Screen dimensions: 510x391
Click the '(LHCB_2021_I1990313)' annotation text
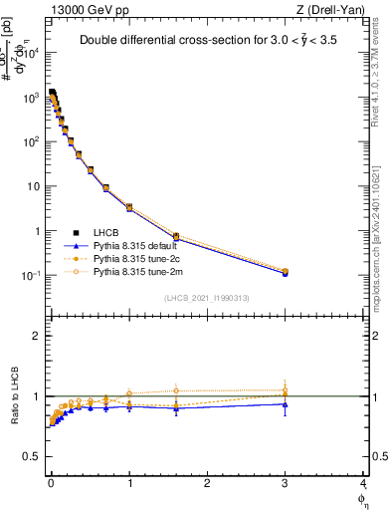pyautogui.click(x=206, y=299)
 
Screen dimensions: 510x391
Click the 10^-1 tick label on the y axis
pyautogui.click(x=34, y=276)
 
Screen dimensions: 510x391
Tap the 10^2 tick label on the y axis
pyautogui.click(x=34, y=141)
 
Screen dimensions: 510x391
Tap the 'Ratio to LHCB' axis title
pyautogui.click(x=13, y=396)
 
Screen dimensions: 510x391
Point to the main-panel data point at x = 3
pyautogui.click(x=286, y=272)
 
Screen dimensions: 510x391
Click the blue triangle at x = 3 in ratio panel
pyautogui.click(x=286, y=404)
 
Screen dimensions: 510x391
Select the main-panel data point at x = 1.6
pyautogui.click(x=176, y=237)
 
